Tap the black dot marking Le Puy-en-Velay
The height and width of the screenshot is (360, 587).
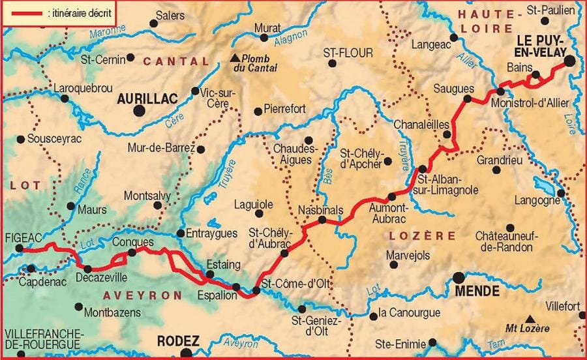[x=569, y=61]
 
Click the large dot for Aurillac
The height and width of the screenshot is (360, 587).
[x=139, y=111]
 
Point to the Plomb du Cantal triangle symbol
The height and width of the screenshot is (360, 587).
[x=236, y=57]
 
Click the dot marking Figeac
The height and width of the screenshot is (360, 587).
[x=20, y=248]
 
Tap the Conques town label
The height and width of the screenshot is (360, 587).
[x=133, y=241]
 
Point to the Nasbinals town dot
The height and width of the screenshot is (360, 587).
[x=322, y=220]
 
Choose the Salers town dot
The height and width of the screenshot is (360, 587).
[x=154, y=23]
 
